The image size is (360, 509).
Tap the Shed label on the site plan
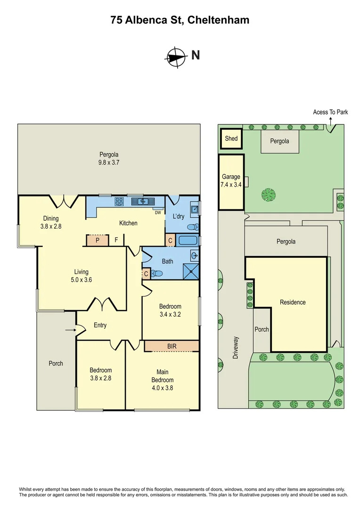coord(231,139)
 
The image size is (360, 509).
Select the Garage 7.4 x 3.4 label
coord(231,181)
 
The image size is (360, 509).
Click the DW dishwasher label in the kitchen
coord(158,212)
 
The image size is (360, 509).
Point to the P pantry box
coord(97,240)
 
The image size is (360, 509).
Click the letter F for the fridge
coord(116,240)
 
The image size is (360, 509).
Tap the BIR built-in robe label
coord(172,346)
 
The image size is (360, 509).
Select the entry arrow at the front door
coord(70,330)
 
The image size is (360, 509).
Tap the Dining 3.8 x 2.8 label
coord(51,222)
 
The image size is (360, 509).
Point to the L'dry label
coord(179,216)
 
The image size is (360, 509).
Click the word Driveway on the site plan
coord(236,348)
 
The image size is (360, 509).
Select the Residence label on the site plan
coord(293,302)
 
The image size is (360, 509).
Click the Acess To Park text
coord(330,112)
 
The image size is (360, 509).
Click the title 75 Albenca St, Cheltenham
coord(180,20)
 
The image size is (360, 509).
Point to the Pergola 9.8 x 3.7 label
coord(109,158)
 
